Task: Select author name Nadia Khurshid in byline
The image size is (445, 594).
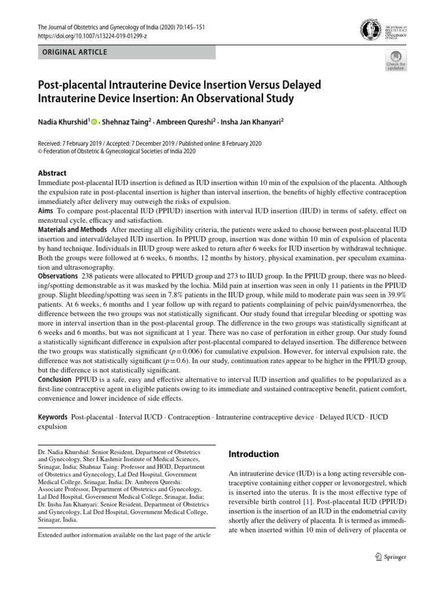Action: tap(62, 122)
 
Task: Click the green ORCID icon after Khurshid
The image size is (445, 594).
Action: tap(93, 122)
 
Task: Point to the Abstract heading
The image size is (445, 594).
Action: tap(52, 173)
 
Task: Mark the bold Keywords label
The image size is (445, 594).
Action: tap(53, 418)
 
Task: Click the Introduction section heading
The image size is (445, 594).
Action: tap(254, 454)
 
